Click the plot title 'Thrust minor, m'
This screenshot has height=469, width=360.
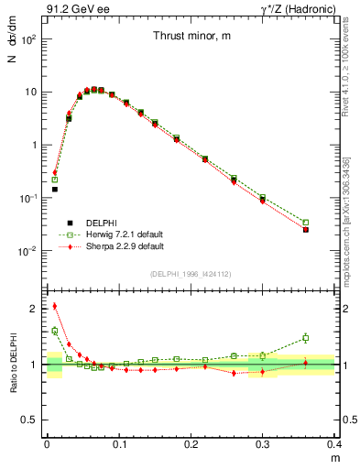click(x=191, y=36)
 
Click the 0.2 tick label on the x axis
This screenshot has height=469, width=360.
click(x=191, y=443)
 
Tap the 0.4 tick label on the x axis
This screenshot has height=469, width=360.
click(x=335, y=443)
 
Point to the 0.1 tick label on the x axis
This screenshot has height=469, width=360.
click(x=119, y=443)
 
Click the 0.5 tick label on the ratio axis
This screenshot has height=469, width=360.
click(x=33, y=420)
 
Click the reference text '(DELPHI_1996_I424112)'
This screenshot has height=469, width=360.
click(x=191, y=274)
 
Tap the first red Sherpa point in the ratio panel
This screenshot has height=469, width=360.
click(x=54, y=306)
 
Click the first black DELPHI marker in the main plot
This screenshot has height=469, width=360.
click(x=54, y=190)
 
